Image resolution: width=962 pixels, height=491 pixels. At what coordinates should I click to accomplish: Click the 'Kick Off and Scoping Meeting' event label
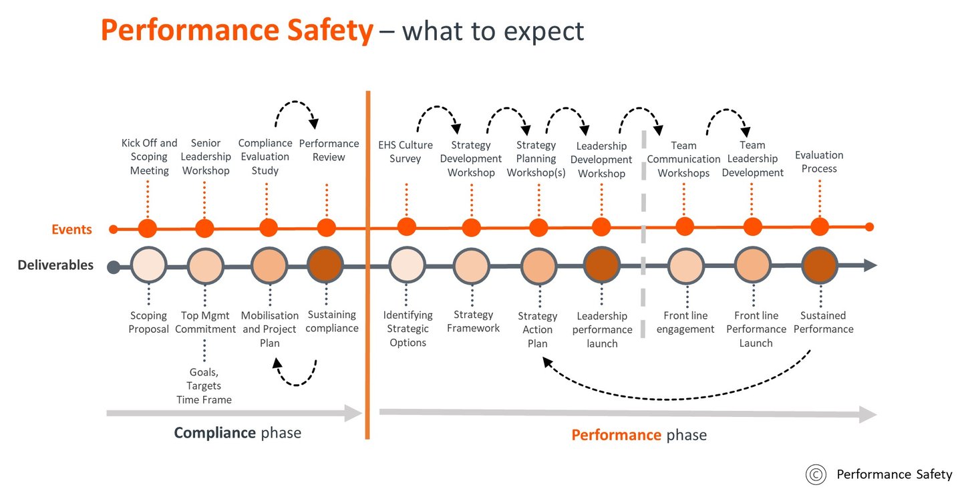click(149, 157)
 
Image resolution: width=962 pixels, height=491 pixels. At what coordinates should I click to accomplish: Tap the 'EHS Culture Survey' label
click(406, 152)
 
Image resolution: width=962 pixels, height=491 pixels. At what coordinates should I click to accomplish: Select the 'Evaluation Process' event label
click(819, 162)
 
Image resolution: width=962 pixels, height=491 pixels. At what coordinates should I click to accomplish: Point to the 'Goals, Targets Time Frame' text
click(204, 385)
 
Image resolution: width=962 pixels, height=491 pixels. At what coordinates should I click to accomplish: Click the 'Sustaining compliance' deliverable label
click(332, 321)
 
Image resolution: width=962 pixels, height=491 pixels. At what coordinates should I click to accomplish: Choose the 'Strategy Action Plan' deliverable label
click(538, 329)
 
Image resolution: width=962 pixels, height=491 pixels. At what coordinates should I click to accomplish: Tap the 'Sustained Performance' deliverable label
click(823, 322)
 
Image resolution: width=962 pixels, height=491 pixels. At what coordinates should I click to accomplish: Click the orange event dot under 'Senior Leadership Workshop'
click(204, 228)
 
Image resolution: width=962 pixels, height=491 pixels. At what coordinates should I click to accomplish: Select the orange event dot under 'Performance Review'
click(327, 228)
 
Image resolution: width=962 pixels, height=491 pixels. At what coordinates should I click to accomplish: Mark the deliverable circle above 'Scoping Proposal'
click(148, 265)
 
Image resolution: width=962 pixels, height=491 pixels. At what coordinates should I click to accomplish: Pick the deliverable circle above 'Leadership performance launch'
click(602, 265)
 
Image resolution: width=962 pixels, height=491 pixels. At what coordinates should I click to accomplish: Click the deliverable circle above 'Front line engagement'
click(686, 266)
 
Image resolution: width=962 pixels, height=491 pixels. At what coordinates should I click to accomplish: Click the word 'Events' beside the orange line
click(71, 229)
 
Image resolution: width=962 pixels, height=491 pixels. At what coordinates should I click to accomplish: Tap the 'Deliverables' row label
click(55, 265)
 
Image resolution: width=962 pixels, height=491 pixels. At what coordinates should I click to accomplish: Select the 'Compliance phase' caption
click(238, 433)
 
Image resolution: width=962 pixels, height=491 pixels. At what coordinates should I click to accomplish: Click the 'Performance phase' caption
click(639, 435)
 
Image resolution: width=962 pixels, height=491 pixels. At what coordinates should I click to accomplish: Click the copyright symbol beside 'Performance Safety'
click(816, 475)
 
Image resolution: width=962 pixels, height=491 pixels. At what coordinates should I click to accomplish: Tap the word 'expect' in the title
click(544, 31)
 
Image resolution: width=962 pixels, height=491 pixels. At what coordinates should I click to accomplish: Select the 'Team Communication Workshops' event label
click(683, 159)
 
